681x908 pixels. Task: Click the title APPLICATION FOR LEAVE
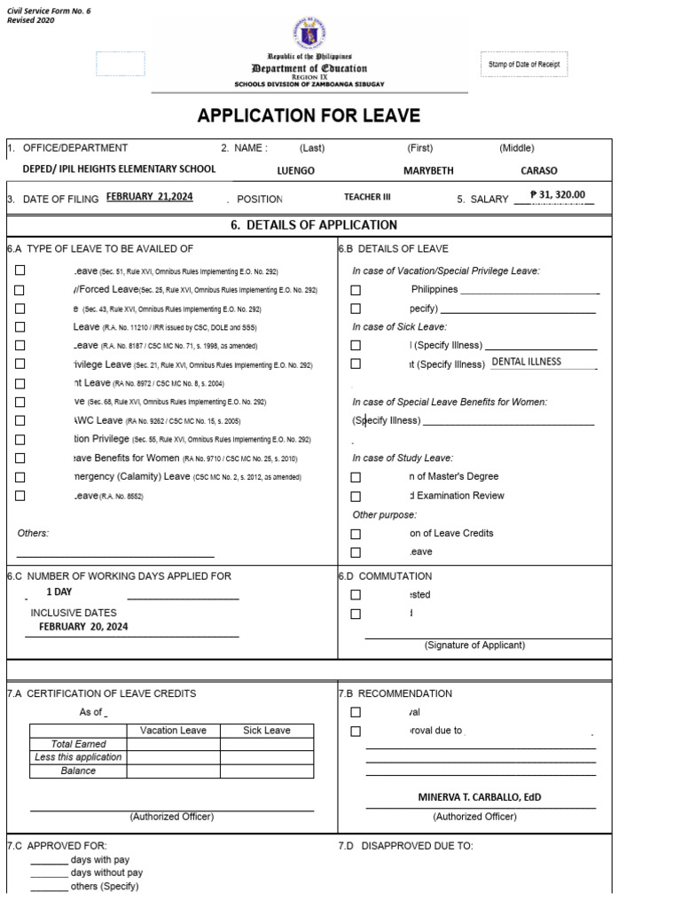tap(309, 116)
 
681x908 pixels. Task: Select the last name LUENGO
tap(295, 171)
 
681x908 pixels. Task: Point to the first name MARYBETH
tap(427, 171)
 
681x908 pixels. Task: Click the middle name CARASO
tap(538, 171)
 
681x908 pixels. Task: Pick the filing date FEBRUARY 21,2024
tap(149, 197)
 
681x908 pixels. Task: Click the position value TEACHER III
tap(367, 198)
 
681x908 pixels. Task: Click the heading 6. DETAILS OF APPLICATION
tap(314, 225)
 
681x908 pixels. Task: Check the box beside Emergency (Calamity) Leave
tap(20, 477)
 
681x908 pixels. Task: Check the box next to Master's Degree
tap(356, 477)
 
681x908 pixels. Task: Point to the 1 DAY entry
tap(59, 591)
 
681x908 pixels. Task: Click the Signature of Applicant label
tap(474, 645)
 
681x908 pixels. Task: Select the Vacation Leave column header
tap(173, 731)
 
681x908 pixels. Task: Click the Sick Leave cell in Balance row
tap(267, 771)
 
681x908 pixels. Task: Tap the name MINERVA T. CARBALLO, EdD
tap(479, 797)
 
